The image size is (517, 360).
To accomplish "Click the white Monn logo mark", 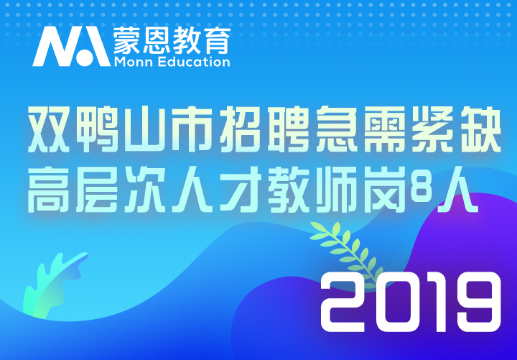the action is click(x=71, y=47).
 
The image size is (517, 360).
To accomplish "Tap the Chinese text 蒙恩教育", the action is click(x=172, y=40).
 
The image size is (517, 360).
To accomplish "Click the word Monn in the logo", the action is click(x=134, y=62).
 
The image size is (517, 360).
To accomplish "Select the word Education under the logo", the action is click(x=194, y=62).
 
